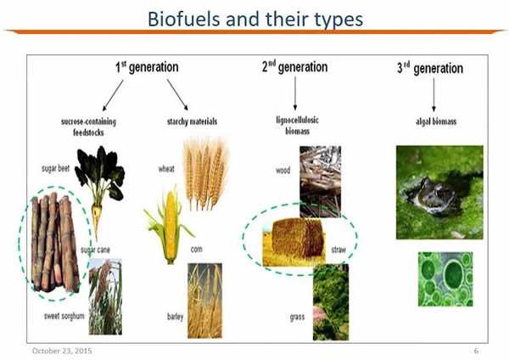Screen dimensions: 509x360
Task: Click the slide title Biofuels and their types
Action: click(x=255, y=20)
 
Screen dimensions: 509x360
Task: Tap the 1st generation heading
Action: click(x=147, y=67)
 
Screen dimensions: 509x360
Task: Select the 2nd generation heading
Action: click(x=294, y=67)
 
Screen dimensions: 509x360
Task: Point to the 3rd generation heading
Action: click(x=430, y=68)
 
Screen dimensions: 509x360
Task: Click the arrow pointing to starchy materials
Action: click(x=177, y=94)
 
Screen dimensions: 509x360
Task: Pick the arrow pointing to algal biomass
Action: click(x=433, y=95)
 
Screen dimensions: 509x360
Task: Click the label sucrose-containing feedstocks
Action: click(x=88, y=127)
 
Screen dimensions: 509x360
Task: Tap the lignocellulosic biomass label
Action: click(x=298, y=126)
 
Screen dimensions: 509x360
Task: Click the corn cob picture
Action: click(x=169, y=225)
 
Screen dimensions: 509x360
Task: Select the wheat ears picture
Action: click(x=206, y=174)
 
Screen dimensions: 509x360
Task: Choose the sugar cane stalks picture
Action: click(x=54, y=242)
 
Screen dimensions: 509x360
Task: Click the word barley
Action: click(x=176, y=317)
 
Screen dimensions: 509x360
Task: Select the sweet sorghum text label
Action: click(x=64, y=316)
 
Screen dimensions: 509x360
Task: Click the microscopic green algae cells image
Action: click(x=445, y=279)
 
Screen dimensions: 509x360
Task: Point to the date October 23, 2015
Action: click(x=62, y=351)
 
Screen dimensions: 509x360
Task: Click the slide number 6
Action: click(x=476, y=351)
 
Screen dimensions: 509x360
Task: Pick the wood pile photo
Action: click(x=320, y=182)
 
